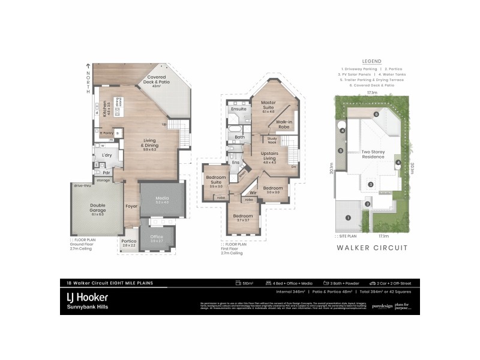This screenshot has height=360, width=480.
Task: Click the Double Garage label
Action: [x=97, y=208]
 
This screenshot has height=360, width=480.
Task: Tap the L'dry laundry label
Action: [x=107, y=155]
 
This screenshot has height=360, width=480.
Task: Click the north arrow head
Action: [x=88, y=65]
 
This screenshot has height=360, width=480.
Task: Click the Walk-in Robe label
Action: [x=284, y=124]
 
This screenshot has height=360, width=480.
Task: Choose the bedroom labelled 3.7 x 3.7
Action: [x=243, y=218]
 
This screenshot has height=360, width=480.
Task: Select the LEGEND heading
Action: [x=372, y=61]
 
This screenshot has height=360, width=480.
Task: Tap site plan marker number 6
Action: [x=376, y=114]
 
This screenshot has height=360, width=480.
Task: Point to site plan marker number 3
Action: [x=371, y=184]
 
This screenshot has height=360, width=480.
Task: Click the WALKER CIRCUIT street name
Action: [x=372, y=247]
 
